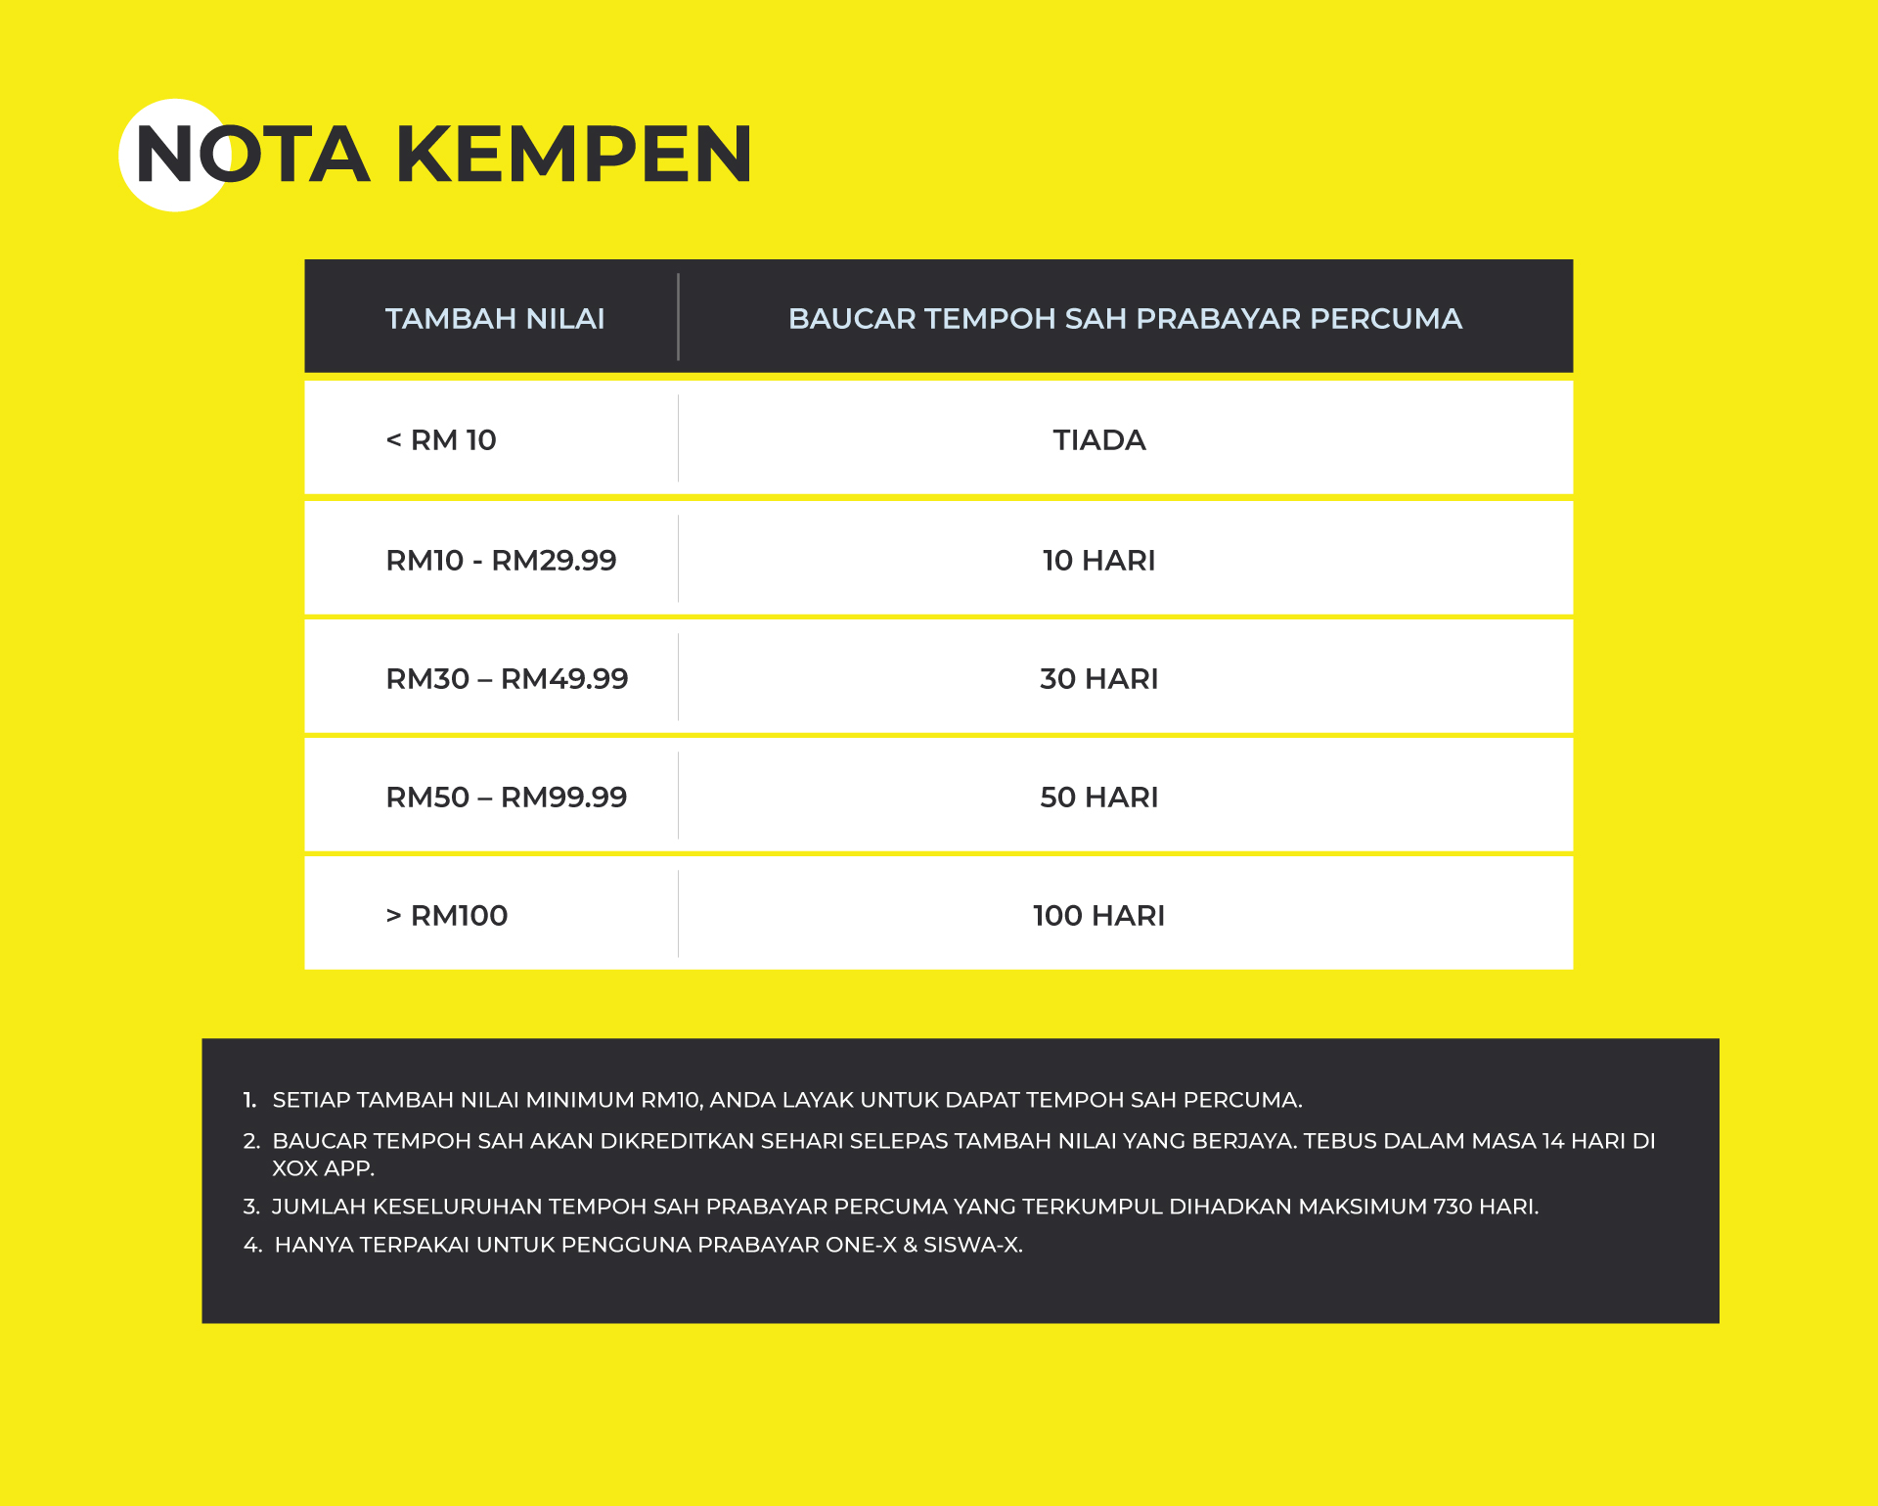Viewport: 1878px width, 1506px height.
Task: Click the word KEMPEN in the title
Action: (x=574, y=155)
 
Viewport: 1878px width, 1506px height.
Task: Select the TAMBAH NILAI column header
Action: (x=495, y=318)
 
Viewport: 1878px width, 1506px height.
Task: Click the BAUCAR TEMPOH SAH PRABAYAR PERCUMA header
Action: (x=1125, y=318)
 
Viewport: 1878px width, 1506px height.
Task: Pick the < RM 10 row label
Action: (x=441, y=440)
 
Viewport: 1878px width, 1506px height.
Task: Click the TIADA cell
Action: (x=1099, y=440)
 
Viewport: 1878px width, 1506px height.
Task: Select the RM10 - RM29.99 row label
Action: (x=501, y=561)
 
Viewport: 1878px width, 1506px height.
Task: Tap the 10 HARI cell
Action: (x=1099, y=561)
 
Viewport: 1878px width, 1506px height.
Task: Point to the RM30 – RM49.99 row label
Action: (x=507, y=679)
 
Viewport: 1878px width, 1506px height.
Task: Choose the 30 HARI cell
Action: (x=1099, y=679)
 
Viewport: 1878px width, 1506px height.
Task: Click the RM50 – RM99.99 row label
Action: (x=507, y=798)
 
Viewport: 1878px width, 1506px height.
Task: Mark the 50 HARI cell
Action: (x=1099, y=798)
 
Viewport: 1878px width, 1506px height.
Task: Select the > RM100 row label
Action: (x=447, y=916)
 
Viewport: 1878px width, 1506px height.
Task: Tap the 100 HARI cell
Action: (x=1099, y=916)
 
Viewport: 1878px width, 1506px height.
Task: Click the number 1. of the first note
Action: (x=249, y=1100)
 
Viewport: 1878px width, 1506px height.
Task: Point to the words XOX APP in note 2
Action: (x=323, y=1168)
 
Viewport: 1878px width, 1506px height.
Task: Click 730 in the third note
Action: (x=1453, y=1207)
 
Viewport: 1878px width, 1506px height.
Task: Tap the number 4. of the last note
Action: (x=252, y=1245)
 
